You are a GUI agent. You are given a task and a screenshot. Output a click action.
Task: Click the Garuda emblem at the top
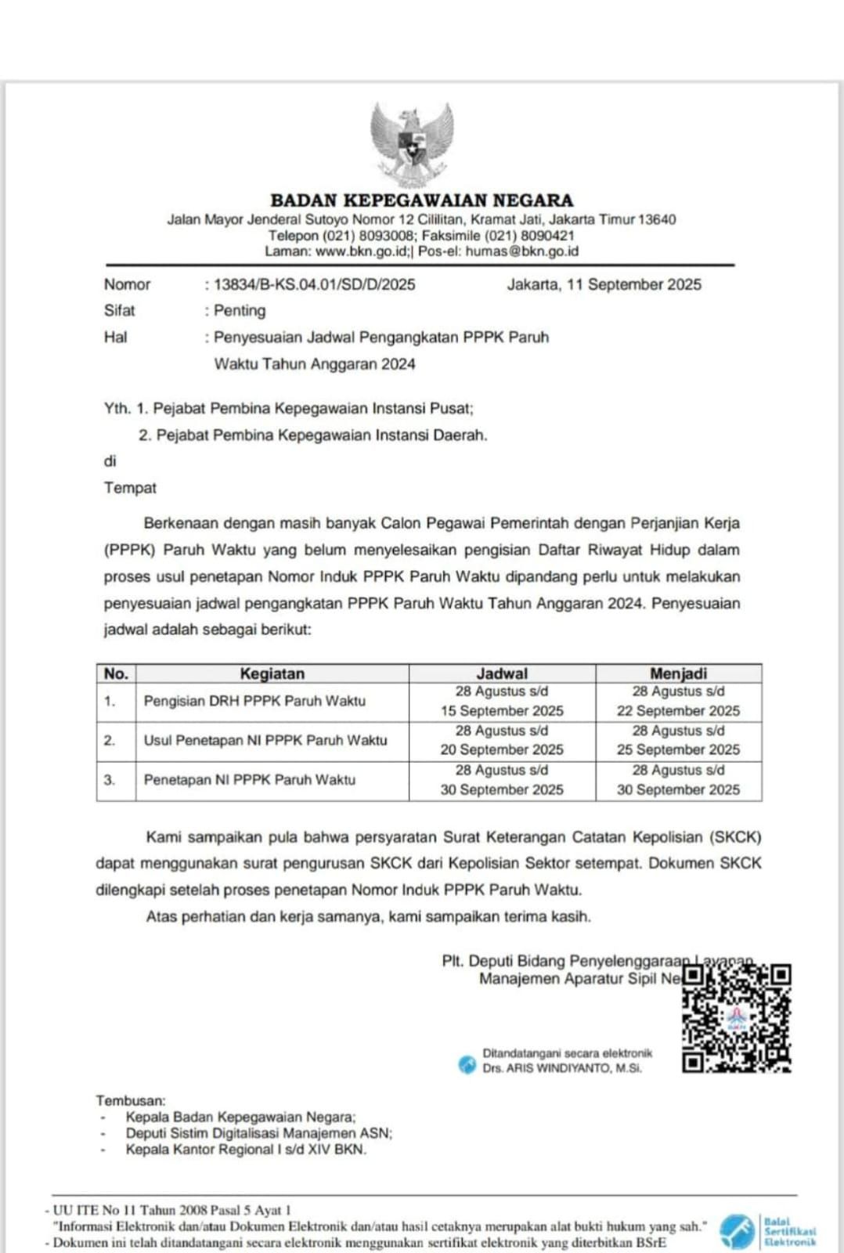(x=412, y=143)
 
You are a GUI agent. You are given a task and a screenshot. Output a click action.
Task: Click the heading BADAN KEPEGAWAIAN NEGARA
(x=421, y=200)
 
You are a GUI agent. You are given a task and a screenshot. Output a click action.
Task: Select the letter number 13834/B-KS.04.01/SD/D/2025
(x=315, y=285)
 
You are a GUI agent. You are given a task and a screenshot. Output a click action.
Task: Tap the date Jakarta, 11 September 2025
(x=604, y=285)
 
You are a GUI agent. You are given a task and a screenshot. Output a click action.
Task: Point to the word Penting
(x=240, y=311)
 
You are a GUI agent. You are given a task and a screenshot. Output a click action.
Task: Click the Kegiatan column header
(x=272, y=673)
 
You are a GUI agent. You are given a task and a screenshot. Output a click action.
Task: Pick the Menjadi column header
(x=678, y=673)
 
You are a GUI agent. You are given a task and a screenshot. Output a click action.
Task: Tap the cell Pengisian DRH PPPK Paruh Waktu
(x=254, y=701)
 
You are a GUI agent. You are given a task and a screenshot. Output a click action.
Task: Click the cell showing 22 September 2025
(x=678, y=711)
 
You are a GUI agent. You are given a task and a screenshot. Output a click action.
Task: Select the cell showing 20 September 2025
(x=502, y=749)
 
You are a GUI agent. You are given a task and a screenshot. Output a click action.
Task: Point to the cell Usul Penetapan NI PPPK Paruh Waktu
(x=265, y=740)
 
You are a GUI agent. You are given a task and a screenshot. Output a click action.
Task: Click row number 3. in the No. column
(x=110, y=780)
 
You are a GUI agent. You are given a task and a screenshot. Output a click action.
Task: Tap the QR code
(x=736, y=1017)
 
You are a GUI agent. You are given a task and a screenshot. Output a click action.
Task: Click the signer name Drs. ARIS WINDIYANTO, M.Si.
(x=562, y=1068)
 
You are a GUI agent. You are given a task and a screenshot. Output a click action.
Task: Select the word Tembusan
(x=131, y=1101)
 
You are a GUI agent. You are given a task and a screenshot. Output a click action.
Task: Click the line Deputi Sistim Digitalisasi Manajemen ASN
(x=258, y=1133)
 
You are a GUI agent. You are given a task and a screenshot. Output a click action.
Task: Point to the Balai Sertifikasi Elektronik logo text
(x=789, y=1231)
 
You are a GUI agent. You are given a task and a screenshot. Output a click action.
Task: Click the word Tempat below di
(x=130, y=488)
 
